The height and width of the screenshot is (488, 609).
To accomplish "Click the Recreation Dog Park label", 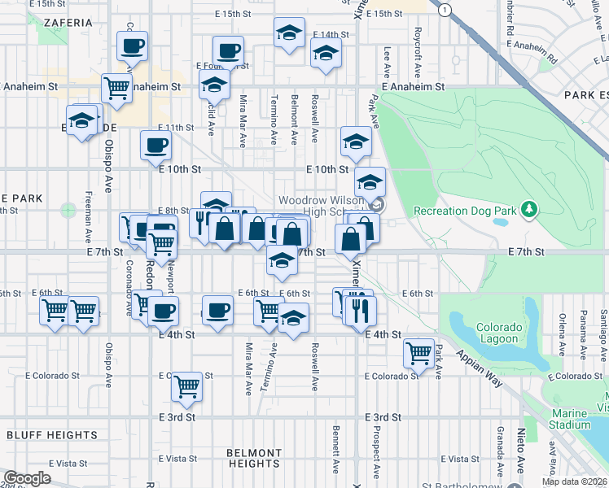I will click(465, 211).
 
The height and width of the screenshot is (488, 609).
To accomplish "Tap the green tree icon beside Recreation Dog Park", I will click(530, 210).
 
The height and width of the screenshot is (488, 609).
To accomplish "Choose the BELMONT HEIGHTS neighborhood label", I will click(255, 458).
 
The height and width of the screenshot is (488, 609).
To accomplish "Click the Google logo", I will click(27, 478).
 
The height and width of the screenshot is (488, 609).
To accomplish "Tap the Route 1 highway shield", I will click(444, 9).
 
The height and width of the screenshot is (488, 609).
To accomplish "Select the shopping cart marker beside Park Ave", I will click(418, 353).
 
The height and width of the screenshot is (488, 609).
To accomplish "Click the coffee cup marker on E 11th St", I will click(156, 146).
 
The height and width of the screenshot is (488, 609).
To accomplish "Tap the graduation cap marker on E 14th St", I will click(326, 54).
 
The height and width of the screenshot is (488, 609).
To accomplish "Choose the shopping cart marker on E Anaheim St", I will click(117, 88).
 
